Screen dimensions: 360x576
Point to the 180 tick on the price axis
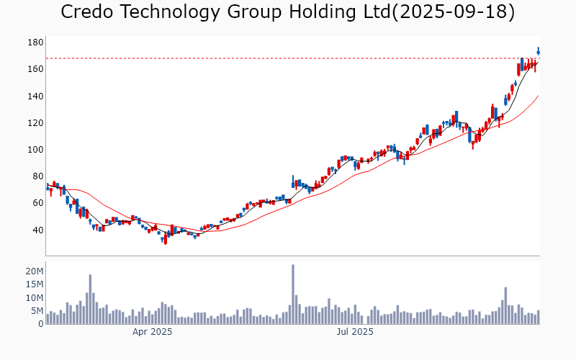36,42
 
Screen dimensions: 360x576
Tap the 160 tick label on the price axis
36,69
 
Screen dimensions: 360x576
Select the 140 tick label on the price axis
36,96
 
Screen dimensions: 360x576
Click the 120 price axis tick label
36,123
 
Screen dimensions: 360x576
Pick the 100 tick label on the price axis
36,150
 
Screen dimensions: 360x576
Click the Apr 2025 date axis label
152,332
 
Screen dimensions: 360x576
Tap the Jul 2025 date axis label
355,332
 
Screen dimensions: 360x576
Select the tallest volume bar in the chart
293,294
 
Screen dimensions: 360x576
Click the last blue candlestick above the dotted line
538,51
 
